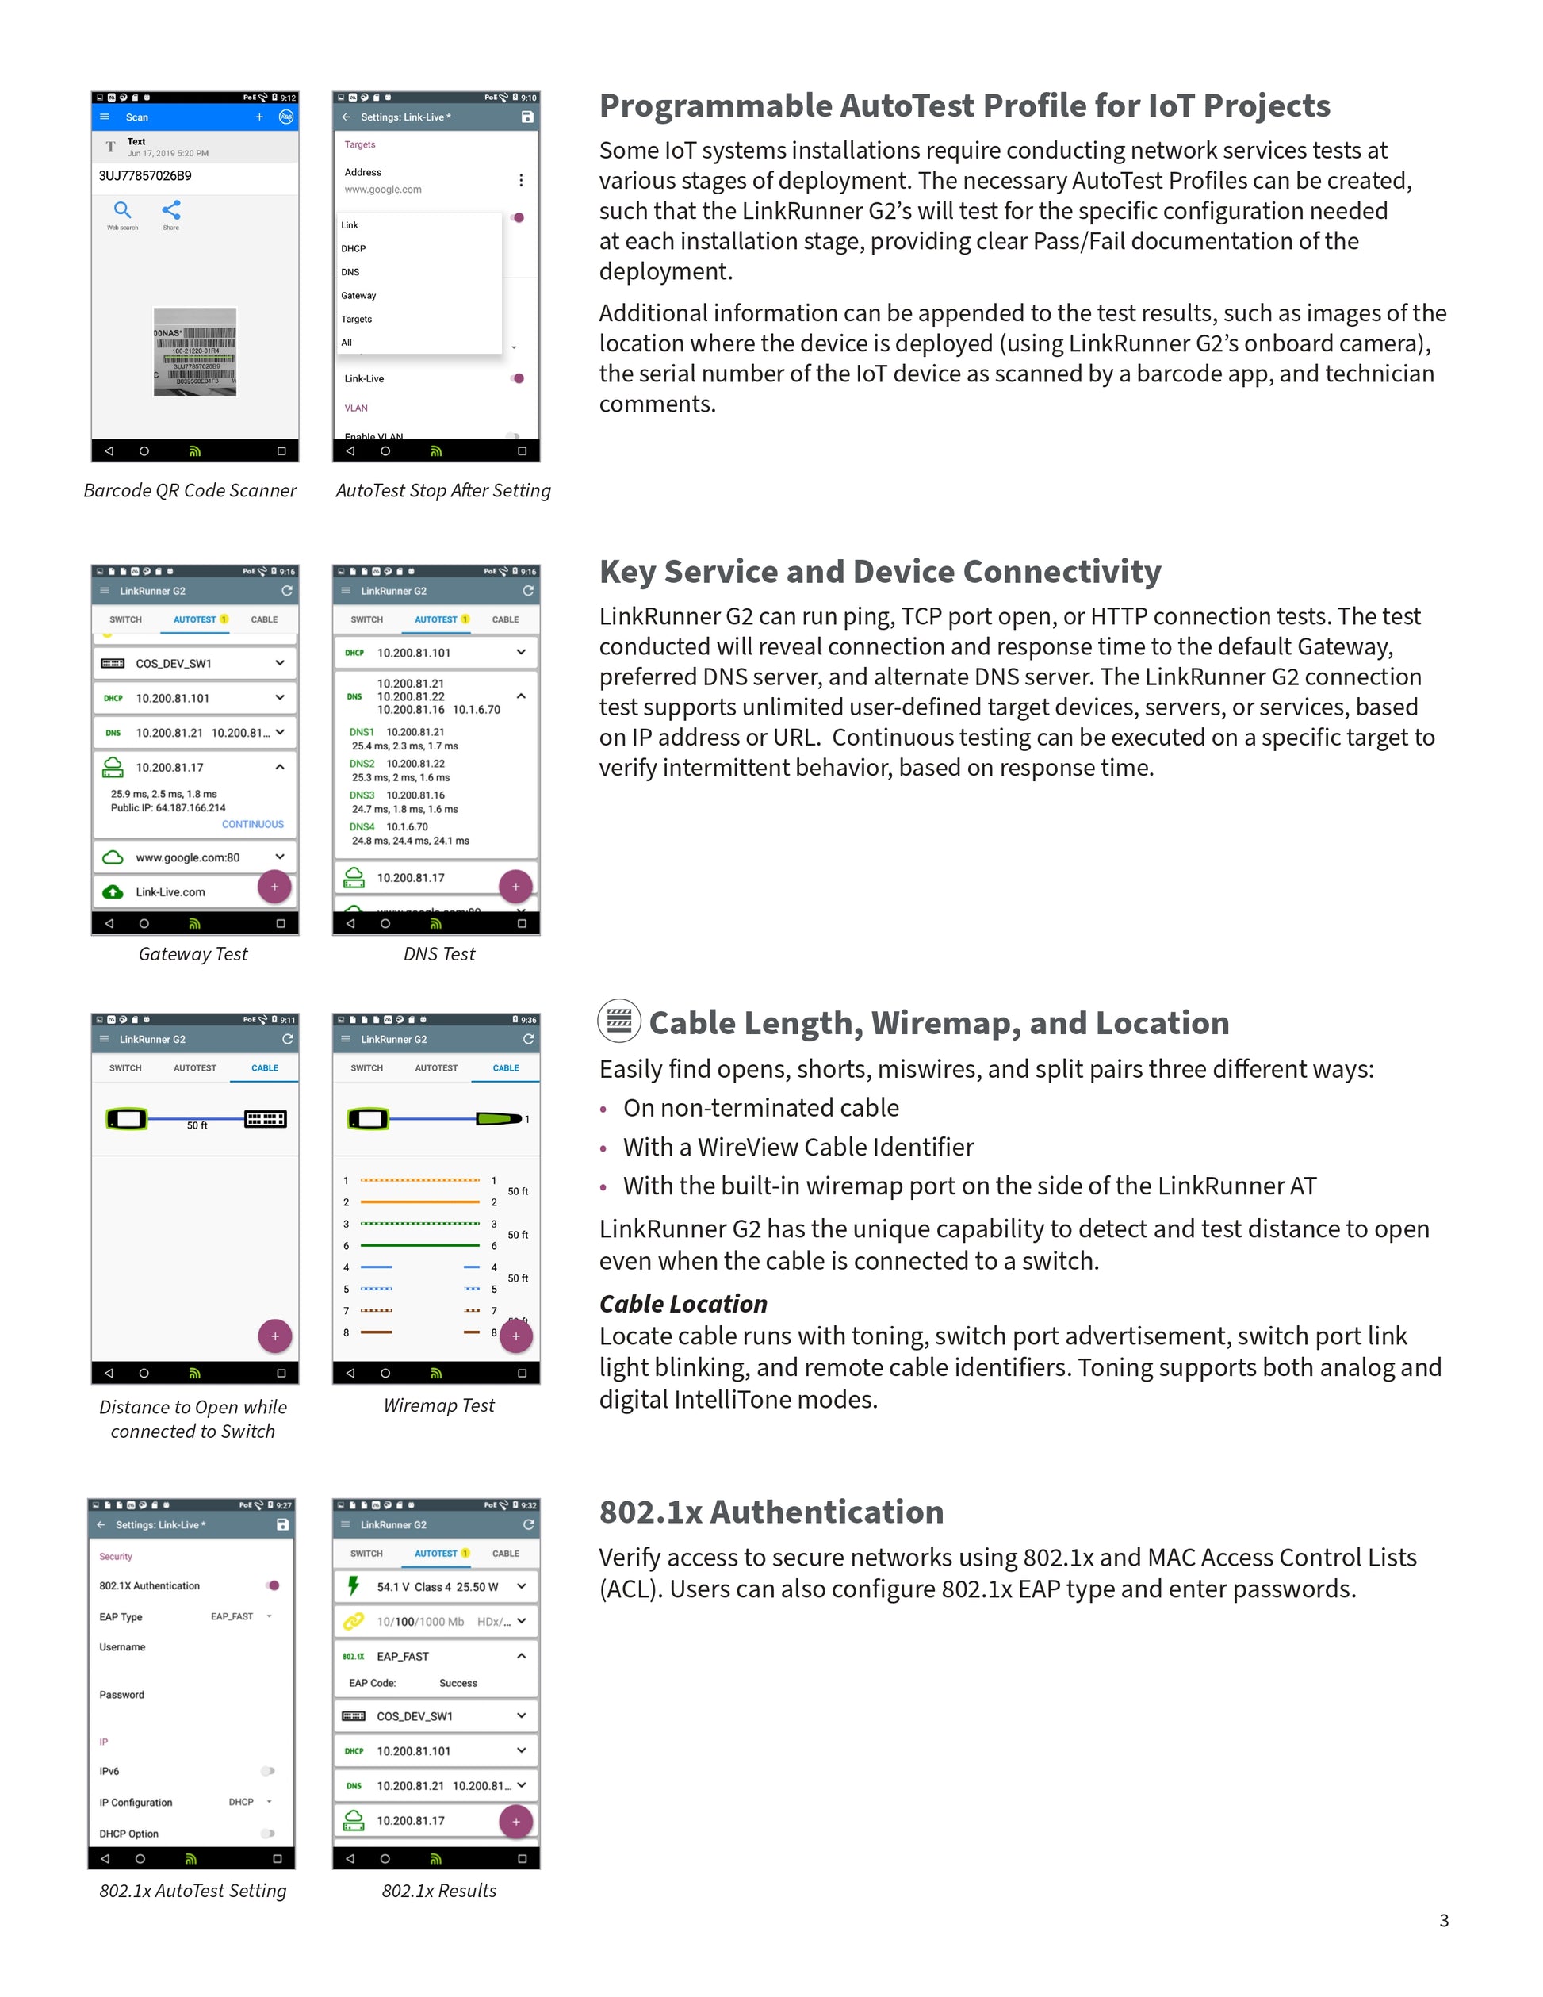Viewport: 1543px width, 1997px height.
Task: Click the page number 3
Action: coord(1443,1920)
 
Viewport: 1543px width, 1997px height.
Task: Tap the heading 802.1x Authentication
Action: coord(771,1512)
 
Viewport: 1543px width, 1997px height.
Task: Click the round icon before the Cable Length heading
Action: coord(618,1021)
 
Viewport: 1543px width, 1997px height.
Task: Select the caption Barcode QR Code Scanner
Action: coord(190,491)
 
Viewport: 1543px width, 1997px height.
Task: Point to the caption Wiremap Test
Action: coord(438,1405)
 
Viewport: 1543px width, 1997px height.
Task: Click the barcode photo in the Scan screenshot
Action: coord(195,352)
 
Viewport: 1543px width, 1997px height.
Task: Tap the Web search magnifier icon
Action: coord(122,211)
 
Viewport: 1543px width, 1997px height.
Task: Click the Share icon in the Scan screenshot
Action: coord(171,211)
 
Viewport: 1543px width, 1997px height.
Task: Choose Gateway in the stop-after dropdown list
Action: coord(358,295)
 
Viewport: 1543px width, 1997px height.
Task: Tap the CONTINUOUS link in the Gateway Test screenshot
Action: coord(252,824)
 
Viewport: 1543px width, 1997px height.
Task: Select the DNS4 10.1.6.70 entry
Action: coord(389,826)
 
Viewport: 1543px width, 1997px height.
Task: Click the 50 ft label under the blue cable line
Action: coord(197,1125)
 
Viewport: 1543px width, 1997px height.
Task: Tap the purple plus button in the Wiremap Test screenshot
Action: coord(515,1336)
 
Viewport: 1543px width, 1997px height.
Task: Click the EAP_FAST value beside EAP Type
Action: coord(232,1616)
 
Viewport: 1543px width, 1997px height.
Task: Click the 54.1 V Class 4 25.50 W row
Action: coord(437,1586)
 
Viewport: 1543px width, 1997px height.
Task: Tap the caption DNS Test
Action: coord(438,954)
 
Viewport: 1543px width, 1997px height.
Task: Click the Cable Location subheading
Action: coord(683,1304)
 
